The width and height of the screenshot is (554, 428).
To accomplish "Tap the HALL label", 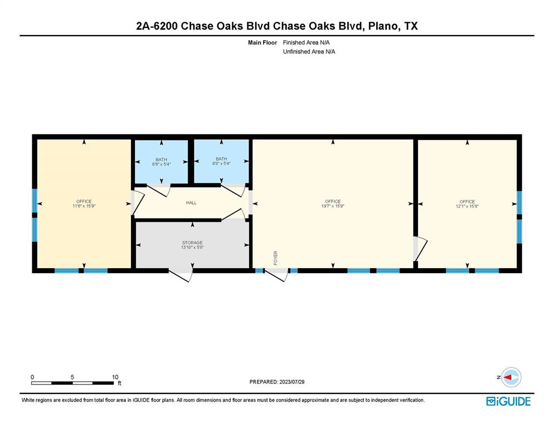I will (191, 203).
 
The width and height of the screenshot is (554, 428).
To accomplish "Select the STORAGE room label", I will (192, 243).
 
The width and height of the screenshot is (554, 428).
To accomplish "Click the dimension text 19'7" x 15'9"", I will (333, 206).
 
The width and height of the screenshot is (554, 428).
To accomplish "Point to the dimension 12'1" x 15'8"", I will (467, 206).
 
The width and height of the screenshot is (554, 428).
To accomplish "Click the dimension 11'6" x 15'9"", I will (84, 206).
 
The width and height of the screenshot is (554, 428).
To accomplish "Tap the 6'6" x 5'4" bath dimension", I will (161, 164).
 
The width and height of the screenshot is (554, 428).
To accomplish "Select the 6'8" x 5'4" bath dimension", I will (221, 164).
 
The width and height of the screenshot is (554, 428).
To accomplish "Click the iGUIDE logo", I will (508, 401).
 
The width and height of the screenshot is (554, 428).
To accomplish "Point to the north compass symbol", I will (510, 377).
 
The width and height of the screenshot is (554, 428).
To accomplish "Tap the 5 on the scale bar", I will (72, 377).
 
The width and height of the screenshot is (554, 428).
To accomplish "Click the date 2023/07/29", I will (291, 382).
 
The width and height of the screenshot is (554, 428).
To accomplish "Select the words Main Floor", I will (263, 42).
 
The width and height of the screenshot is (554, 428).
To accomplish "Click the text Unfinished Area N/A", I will (309, 51).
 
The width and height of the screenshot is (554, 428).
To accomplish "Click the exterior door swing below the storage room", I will (182, 275).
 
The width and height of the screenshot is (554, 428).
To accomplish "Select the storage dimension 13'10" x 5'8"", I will (192, 247).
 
